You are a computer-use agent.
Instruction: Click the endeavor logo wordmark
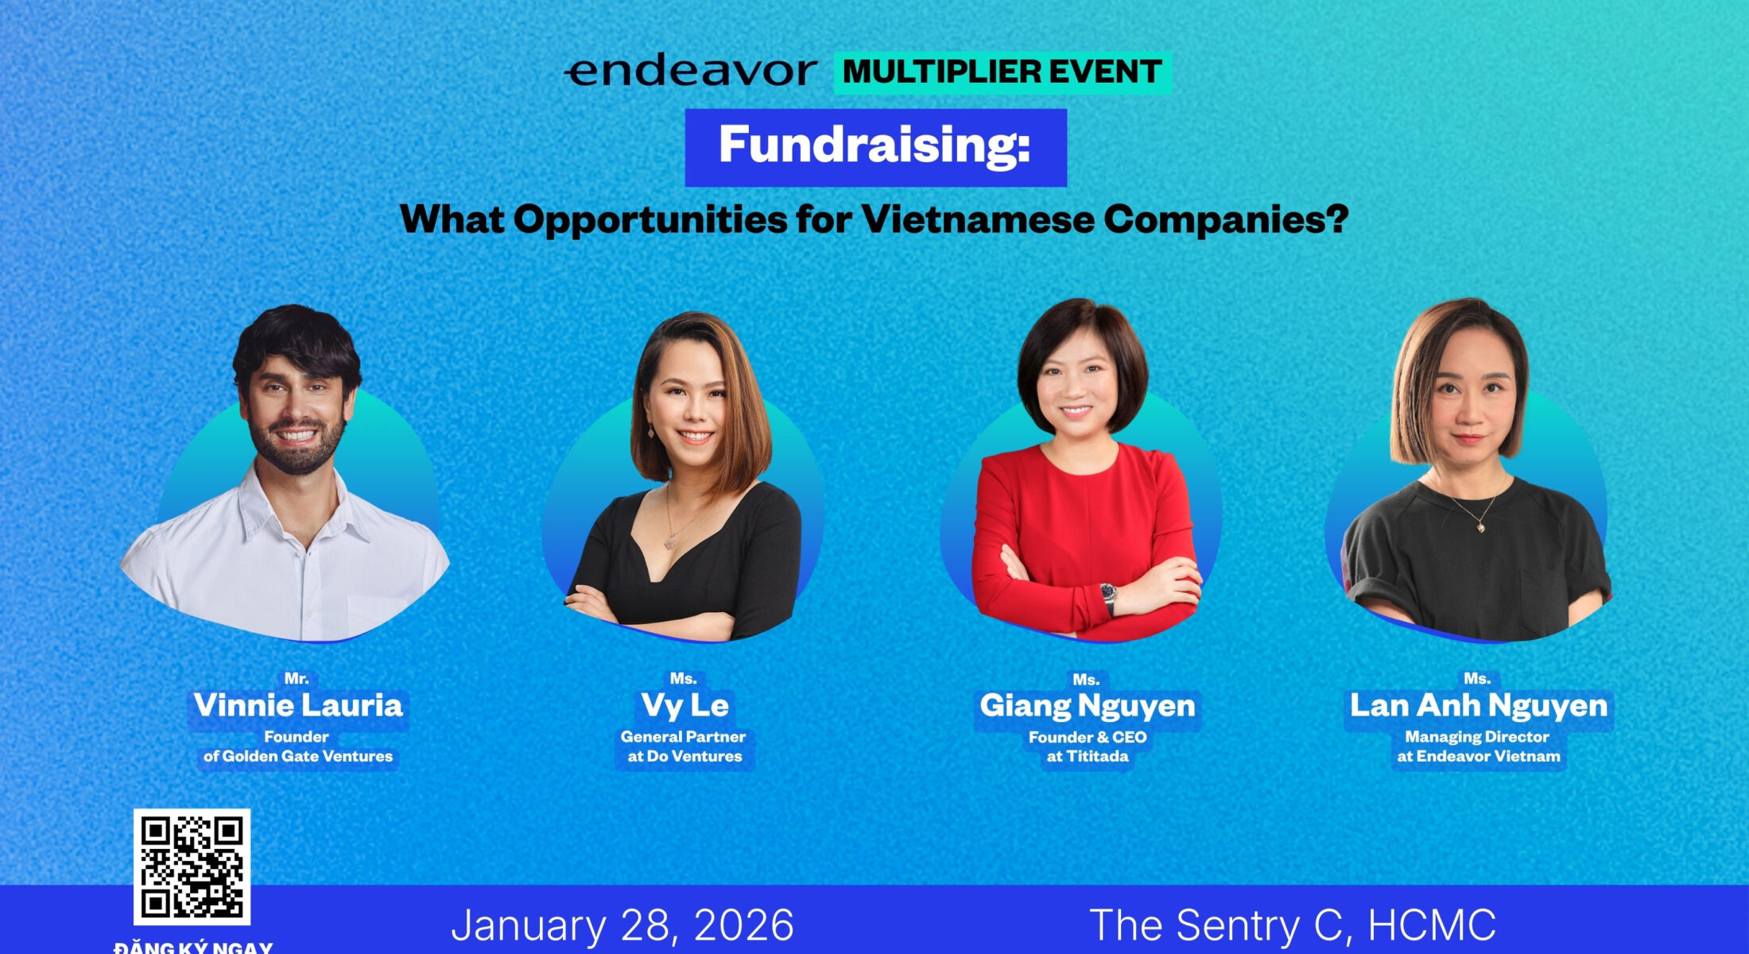[x=690, y=72]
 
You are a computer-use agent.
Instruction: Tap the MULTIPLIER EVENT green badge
[x=1002, y=72]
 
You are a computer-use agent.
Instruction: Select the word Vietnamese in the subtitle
[x=978, y=219]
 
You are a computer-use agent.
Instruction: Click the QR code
[x=192, y=867]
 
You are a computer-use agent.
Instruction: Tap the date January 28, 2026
[x=622, y=925]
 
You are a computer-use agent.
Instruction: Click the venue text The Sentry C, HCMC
[x=1293, y=925]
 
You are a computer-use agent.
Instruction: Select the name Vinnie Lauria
[x=298, y=705]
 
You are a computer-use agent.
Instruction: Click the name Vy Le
[x=684, y=705]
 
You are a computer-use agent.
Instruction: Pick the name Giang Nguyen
[x=1088, y=705]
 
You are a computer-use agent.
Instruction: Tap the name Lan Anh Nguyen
[x=1479, y=705]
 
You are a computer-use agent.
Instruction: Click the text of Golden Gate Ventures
[x=298, y=756]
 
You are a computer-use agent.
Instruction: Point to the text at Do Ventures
[x=684, y=756]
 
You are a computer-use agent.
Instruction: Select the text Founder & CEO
[x=1088, y=737]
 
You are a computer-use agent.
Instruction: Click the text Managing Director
[x=1477, y=737]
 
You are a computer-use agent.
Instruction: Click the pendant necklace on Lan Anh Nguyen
[x=1480, y=525]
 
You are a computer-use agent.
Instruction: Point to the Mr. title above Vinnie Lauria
[x=297, y=678]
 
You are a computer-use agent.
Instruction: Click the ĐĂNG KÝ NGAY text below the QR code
[x=193, y=947]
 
